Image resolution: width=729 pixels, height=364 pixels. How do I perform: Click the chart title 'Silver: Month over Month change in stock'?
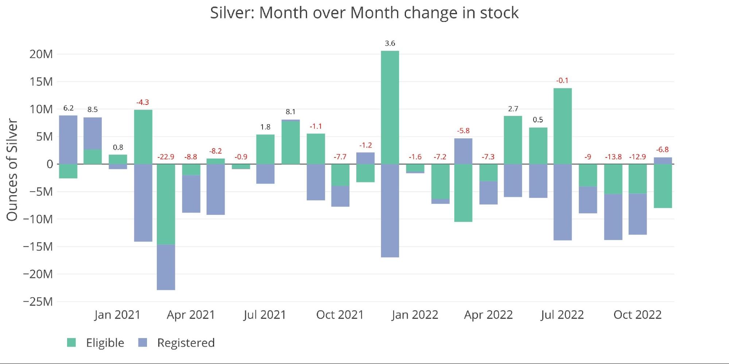point(364,13)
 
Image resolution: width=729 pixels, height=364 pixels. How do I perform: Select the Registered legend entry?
point(177,343)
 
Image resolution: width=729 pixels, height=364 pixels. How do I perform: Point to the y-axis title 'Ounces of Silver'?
point(12,170)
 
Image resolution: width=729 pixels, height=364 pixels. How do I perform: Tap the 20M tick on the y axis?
point(41,54)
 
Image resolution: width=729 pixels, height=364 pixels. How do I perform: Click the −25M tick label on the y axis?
point(38,302)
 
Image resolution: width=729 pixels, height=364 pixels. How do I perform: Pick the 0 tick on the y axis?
point(50,164)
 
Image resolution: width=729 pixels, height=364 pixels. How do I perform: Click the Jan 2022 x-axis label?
point(415,315)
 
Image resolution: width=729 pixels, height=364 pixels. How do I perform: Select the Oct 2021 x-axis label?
point(340,315)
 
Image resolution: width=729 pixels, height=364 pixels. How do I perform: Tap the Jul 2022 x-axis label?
point(562,315)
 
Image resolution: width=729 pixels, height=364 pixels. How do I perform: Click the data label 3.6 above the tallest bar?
point(390,43)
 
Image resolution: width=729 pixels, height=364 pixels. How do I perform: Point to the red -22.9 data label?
point(166,157)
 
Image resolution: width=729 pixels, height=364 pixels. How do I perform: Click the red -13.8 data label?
point(613,157)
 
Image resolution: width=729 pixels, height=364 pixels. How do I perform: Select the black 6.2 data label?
point(68,108)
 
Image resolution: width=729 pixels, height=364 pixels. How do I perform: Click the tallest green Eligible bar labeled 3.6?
point(390,107)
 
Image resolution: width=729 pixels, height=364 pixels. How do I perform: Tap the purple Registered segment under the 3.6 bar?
point(390,211)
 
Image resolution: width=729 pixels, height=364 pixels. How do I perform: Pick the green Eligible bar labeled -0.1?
point(562,126)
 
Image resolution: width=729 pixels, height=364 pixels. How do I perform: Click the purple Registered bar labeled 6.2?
point(68,140)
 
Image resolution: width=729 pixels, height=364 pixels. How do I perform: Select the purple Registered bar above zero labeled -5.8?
point(463,151)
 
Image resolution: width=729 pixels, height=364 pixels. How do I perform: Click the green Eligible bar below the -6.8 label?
point(663,186)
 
